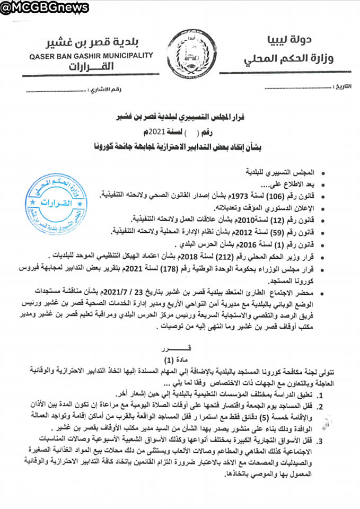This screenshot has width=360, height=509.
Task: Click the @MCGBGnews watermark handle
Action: click(x=37, y=7)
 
